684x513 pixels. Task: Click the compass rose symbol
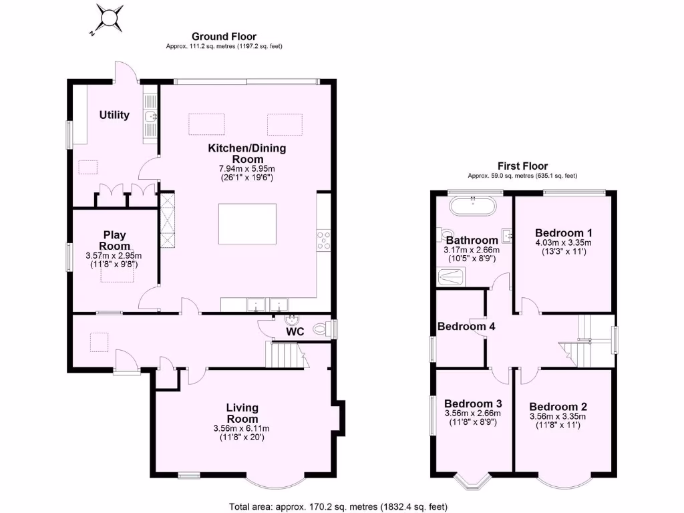[110, 17]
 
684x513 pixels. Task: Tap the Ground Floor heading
[224, 37]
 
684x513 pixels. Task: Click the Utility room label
[114, 115]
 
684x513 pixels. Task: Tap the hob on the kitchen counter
[324, 240]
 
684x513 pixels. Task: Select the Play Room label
[114, 240]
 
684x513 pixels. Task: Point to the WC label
[295, 331]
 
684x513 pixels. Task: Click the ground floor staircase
[282, 354]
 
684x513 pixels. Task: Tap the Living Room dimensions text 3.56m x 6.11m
[242, 428]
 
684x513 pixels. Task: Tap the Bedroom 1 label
[563, 232]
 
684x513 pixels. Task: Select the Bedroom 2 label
[558, 406]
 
